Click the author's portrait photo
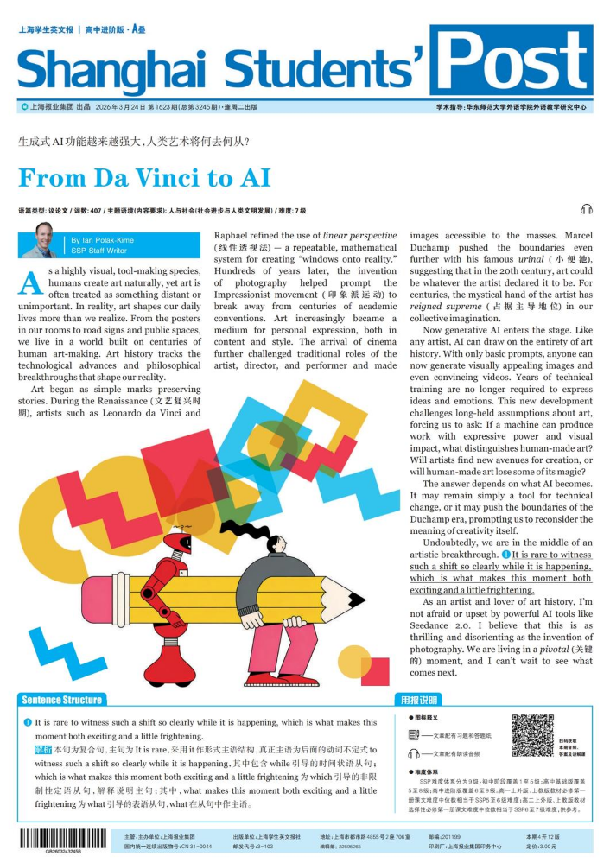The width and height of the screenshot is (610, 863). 40,240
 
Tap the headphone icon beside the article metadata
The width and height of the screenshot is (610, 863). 588,209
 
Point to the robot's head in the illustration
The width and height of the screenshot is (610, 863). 181,542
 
